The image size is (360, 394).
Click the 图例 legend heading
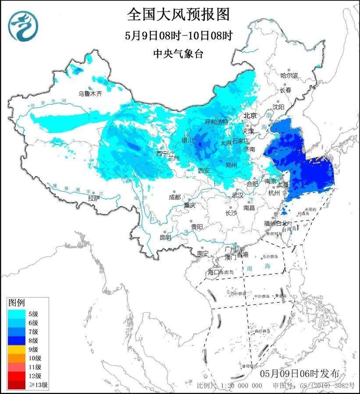(x=17, y=303)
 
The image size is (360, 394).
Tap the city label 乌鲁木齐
(x=90, y=93)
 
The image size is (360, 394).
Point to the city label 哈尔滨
(x=289, y=76)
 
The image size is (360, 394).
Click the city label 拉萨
(x=93, y=199)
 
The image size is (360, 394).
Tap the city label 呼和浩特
(x=217, y=121)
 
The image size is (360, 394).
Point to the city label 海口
(x=213, y=272)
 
